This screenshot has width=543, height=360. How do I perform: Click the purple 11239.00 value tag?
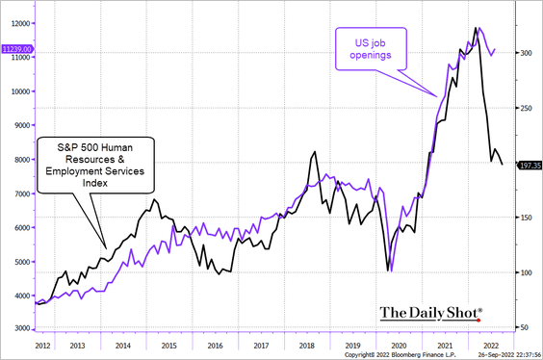pyautogui.click(x=18, y=47)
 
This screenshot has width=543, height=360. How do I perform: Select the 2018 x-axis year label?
pyautogui.click(x=307, y=343)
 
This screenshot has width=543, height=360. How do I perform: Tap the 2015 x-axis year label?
pyautogui.click(x=168, y=343)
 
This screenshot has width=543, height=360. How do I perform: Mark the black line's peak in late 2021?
pyautogui.click(x=476, y=28)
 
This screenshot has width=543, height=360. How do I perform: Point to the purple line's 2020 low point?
pyautogui.click(x=392, y=271)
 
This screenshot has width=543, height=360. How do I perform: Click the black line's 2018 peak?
pyautogui.click(x=314, y=151)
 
